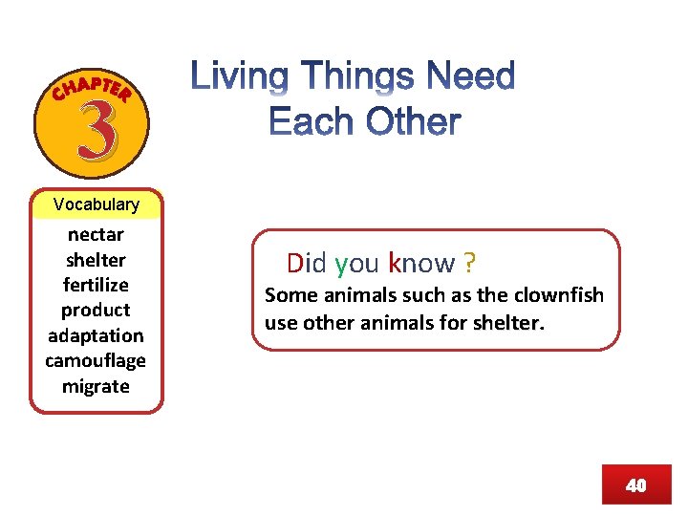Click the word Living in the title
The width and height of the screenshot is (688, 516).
[x=245, y=77]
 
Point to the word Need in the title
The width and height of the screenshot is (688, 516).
[x=472, y=77]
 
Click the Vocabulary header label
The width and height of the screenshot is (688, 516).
[x=96, y=204]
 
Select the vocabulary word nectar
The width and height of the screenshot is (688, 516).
[x=96, y=234]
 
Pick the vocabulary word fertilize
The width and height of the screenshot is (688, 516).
[x=96, y=285]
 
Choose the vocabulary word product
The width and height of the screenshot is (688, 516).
[x=96, y=310]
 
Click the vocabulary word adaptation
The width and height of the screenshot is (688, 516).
[x=96, y=335]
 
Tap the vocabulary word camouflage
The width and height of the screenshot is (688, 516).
[x=96, y=360]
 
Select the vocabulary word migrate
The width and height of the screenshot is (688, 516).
[x=96, y=386]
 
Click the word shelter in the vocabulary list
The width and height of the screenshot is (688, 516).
[x=96, y=260]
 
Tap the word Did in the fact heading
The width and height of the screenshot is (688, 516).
[x=307, y=263]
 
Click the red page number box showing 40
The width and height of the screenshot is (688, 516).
[x=635, y=484]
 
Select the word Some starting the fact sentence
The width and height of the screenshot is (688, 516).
[x=290, y=294]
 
